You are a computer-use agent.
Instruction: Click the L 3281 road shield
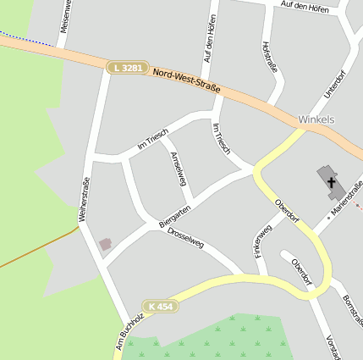pyautogui.click(x=128, y=67)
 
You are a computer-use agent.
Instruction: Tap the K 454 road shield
pyautogui.click(x=161, y=306)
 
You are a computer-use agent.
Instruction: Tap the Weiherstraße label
pyautogui.click(x=85, y=199)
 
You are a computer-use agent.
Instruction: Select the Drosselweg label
pyautogui.click(x=185, y=236)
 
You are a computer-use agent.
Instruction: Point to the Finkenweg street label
pyautogui.click(x=263, y=241)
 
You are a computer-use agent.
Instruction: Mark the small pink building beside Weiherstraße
pyautogui.click(x=106, y=244)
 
